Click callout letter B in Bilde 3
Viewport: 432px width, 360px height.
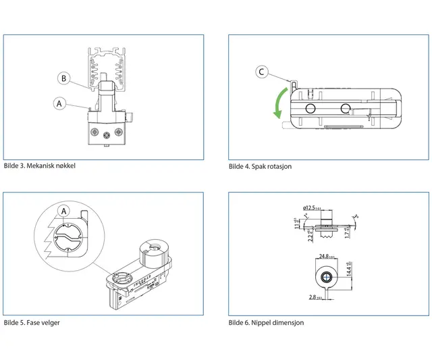(63, 78)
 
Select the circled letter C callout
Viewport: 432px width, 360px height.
(263, 72)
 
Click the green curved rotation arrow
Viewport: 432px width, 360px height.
(278, 101)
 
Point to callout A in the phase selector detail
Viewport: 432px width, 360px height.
(64, 211)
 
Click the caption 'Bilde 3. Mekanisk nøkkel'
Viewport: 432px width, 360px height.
(39, 165)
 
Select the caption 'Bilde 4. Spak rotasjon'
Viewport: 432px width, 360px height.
(260, 167)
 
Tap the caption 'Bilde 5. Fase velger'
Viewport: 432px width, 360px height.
(32, 323)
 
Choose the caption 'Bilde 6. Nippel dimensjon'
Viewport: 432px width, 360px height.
(266, 323)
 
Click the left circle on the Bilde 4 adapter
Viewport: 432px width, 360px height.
(310, 109)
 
